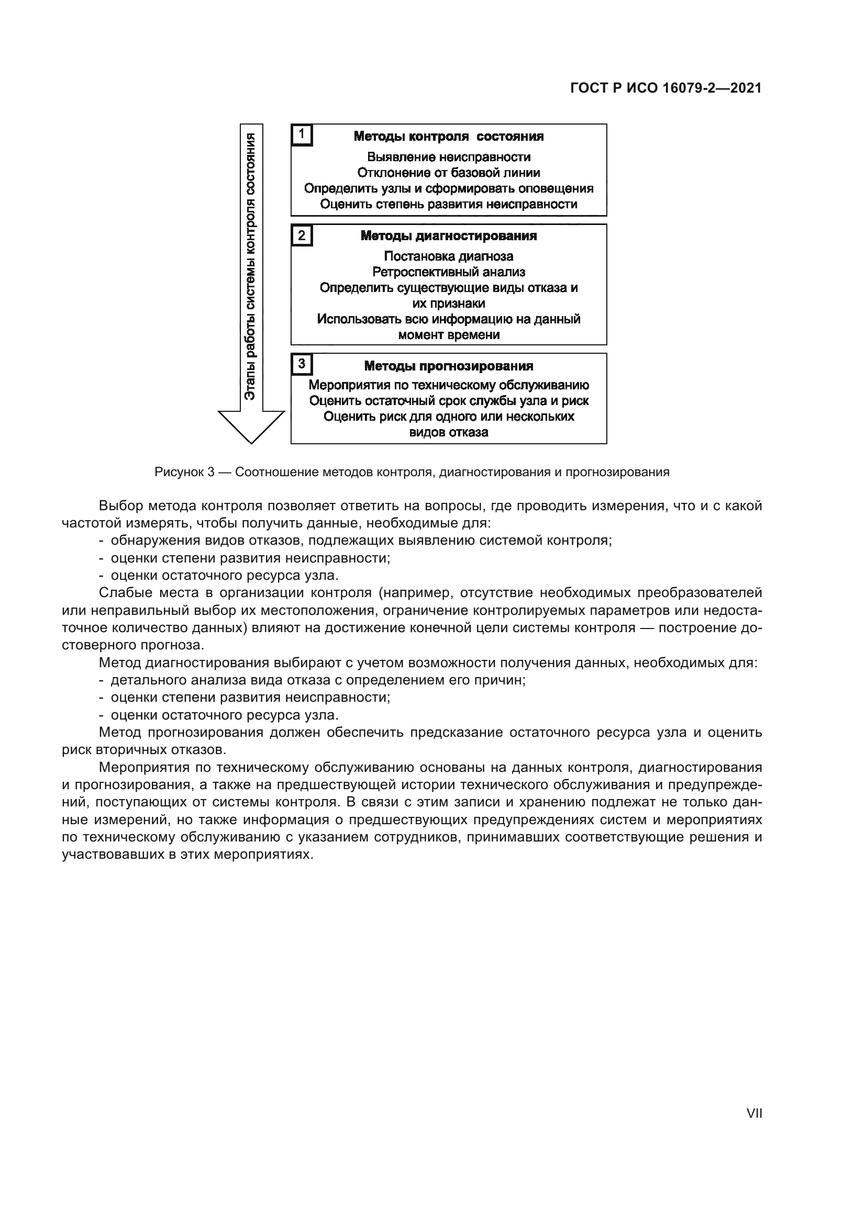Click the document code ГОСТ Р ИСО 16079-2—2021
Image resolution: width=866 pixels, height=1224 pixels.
tap(665, 88)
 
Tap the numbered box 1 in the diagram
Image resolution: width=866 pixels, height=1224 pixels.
tap(302, 135)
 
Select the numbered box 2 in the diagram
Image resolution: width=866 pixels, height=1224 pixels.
tap(302, 235)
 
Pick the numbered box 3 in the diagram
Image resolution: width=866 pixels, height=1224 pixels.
tap(302, 364)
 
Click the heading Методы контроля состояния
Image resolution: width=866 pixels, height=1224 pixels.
tap(449, 137)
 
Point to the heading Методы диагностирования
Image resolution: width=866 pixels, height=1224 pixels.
tap(449, 235)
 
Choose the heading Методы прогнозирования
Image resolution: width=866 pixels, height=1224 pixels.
tap(449, 366)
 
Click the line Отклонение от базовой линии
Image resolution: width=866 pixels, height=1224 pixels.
tap(449, 173)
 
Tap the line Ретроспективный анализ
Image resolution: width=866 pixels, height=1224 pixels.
tap(449, 273)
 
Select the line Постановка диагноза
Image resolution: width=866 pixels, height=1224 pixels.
tap(449, 256)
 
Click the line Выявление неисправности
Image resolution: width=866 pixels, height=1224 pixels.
tap(449, 157)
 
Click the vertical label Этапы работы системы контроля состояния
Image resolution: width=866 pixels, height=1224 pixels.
tap(250, 266)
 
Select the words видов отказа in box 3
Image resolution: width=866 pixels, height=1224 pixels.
tap(449, 432)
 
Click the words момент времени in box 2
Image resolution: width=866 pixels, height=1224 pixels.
tap(449, 335)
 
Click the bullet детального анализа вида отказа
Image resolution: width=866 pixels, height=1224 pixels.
tap(318, 680)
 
